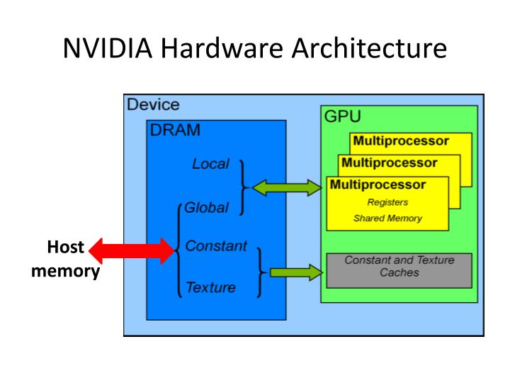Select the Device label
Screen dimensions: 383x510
click(153, 105)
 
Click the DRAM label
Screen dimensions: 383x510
click(175, 130)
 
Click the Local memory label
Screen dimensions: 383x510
click(210, 164)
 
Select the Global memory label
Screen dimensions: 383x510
click(206, 209)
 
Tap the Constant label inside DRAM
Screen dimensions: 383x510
click(216, 246)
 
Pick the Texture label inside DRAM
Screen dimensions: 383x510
click(210, 287)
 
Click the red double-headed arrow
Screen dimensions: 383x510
click(132, 250)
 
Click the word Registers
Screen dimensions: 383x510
click(387, 203)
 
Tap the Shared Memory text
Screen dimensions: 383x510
click(387, 218)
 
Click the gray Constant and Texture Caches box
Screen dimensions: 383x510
click(399, 270)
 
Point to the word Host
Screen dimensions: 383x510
click(65, 248)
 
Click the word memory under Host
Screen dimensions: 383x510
click(65, 271)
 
